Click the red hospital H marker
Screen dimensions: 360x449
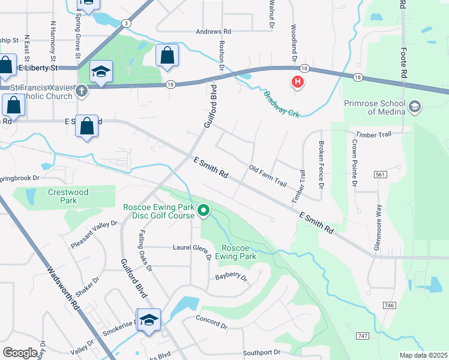297,82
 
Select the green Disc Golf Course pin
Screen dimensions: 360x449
203,211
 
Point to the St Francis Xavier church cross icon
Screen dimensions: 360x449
82,91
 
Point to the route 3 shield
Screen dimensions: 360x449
125,23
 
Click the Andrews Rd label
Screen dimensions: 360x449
213,31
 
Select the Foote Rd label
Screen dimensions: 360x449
403,54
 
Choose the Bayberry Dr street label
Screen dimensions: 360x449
231,277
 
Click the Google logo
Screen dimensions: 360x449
20,353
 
